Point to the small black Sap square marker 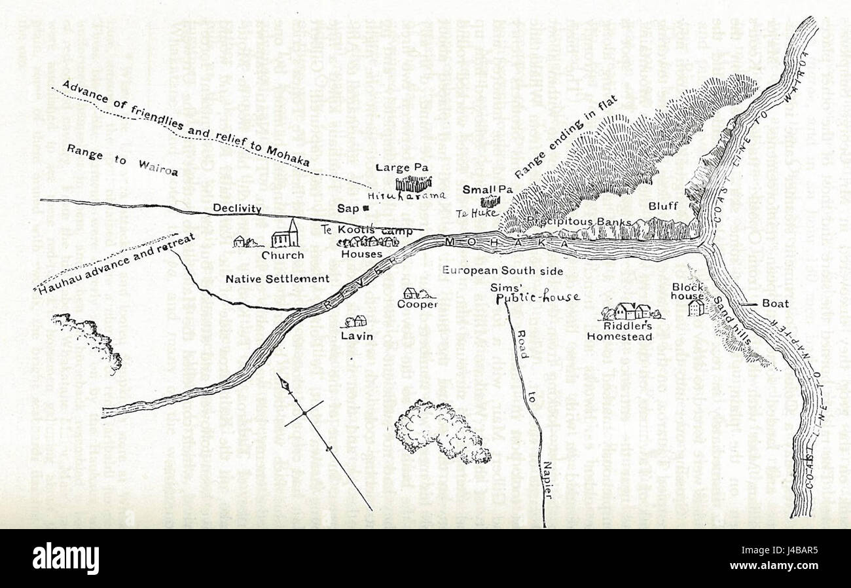coord(365,208)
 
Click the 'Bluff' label coord(663,206)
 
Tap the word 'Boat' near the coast coord(775,304)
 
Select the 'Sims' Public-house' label coord(537,293)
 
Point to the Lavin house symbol coord(356,322)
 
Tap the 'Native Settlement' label coord(277,279)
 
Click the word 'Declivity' coord(236,209)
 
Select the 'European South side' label coord(502,269)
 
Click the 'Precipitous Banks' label coord(578,221)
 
